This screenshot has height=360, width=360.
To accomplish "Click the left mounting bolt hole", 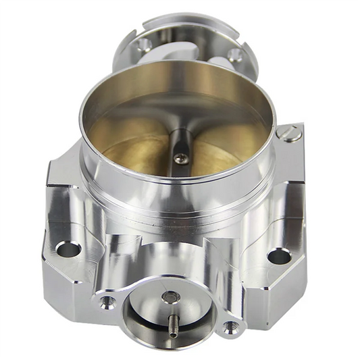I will tap(68, 249).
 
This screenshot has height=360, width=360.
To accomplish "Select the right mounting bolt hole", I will tap(279, 256).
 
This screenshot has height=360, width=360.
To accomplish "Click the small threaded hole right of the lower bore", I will tap(232, 327).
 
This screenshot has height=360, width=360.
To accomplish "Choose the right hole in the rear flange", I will tap(235, 55).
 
